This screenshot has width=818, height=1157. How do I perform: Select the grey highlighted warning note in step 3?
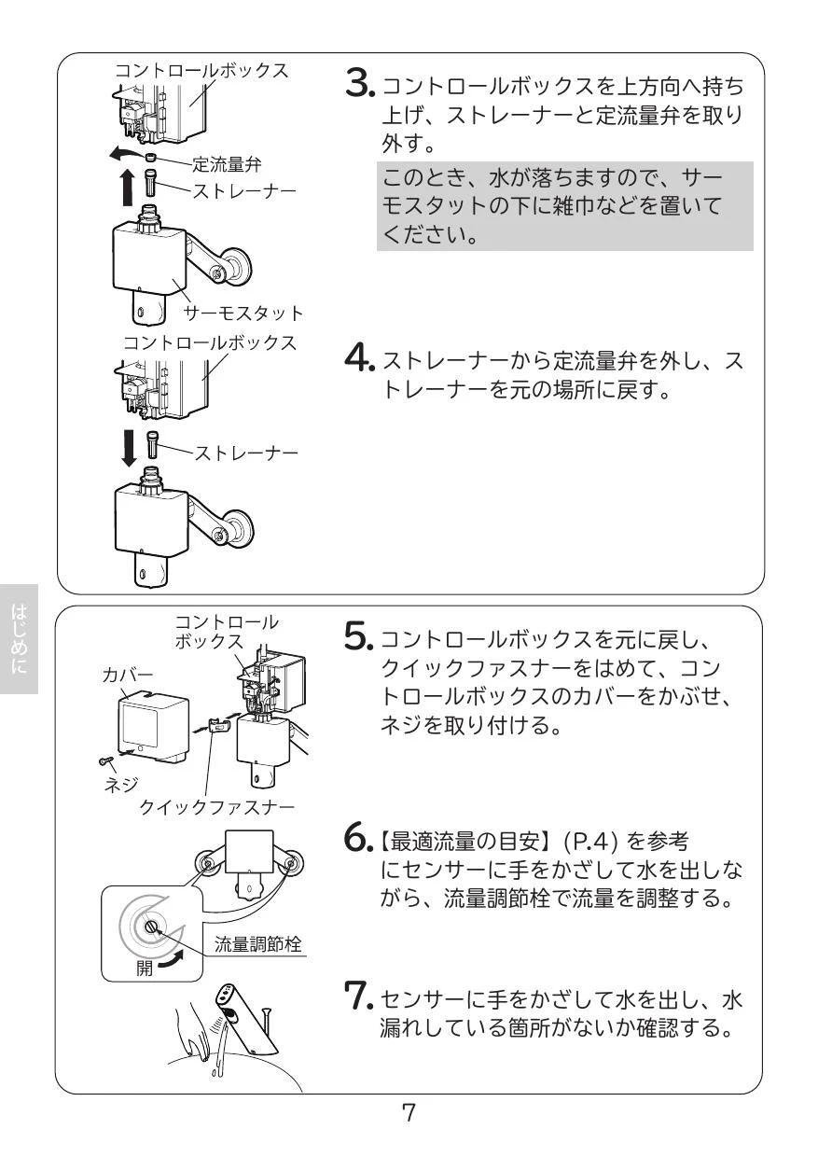coord(564,208)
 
